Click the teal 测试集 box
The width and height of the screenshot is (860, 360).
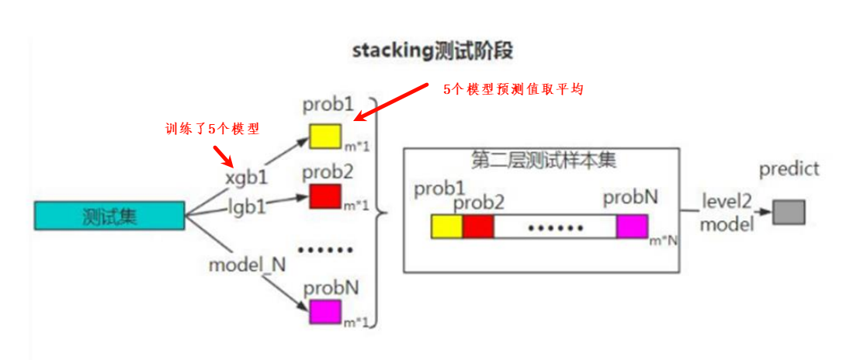tap(109, 216)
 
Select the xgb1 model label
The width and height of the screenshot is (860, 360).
tap(246, 178)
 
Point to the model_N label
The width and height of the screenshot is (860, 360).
tap(247, 265)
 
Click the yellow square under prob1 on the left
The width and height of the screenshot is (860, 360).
tap(325, 137)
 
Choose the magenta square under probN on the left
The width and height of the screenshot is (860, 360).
tap(325, 311)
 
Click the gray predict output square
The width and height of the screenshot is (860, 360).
tap(789, 212)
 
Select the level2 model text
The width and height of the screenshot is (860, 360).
tap(726, 213)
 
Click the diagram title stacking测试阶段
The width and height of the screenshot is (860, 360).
tap(432, 51)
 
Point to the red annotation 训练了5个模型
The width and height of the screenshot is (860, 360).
tap(212, 129)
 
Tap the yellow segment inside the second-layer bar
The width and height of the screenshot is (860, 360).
tap(447, 227)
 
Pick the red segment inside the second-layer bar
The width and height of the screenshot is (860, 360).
tap(478, 227)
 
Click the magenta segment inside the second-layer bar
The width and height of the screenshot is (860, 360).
tap(632, 227)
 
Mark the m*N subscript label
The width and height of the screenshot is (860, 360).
tap(664, 241)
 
